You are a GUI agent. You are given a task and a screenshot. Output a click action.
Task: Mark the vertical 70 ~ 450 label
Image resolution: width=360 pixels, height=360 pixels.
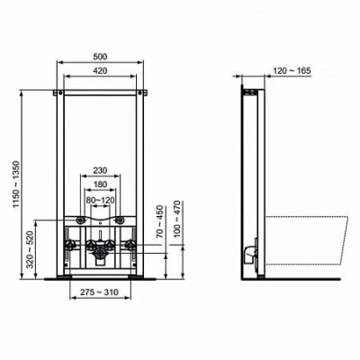(157, 222)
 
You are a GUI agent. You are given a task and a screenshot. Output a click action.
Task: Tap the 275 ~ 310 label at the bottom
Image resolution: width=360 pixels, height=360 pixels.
(98, 293)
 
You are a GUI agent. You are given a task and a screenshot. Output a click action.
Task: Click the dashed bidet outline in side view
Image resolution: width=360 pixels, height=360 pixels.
(306, 241)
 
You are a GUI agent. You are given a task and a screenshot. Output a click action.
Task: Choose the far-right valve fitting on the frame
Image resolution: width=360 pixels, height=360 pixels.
(132, 244)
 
